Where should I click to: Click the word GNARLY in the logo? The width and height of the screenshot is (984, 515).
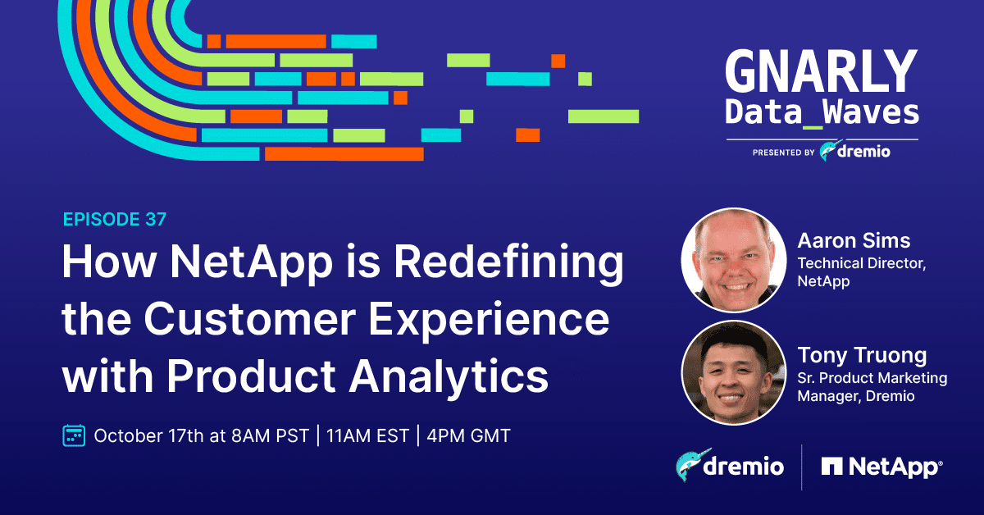tap(822, 71)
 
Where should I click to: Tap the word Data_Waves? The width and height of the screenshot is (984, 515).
tap(822, 113)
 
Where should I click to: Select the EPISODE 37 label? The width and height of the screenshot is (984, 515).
tap(115, 219)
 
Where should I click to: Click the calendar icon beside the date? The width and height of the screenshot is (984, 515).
tap(74, 435)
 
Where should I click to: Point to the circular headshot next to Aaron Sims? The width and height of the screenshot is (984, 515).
tap(734, 260)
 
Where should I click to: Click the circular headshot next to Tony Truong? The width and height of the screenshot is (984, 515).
tap(734, 372)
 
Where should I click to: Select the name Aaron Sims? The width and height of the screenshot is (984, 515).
tap(854, 241)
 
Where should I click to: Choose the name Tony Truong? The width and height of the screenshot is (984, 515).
tap(862, 355)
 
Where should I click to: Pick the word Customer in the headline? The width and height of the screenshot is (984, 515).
tap(249, 319)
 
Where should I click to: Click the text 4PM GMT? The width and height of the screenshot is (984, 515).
tap(468, 436)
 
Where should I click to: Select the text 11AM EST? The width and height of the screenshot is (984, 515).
tap(367, 436)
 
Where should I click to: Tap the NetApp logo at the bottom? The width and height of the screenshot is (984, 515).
tap(881, 467)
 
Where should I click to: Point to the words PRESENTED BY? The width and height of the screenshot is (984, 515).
tap(784, 153)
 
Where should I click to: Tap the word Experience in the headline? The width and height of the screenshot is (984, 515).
tap(489, 321)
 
